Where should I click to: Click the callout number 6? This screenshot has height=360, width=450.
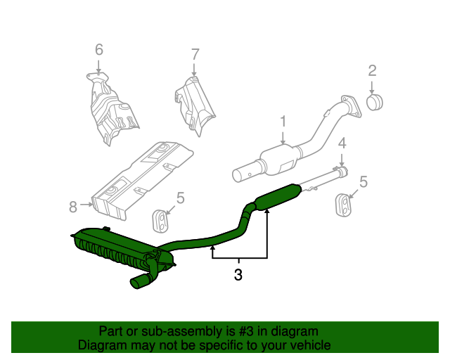(98, 49)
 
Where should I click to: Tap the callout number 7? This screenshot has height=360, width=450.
(195, 53)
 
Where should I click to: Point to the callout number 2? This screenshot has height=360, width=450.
(372, 70)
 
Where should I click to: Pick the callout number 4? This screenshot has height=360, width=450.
(342, 143)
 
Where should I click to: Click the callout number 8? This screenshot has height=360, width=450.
(72, 207)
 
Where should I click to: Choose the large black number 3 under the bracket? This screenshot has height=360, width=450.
(238, 275)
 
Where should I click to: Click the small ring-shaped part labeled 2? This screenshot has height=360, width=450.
(375, 103)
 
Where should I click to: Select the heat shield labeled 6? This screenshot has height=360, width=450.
(109, 109)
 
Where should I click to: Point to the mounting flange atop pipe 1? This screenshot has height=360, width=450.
(347, 103)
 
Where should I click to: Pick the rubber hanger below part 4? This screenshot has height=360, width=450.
(342, 203)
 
